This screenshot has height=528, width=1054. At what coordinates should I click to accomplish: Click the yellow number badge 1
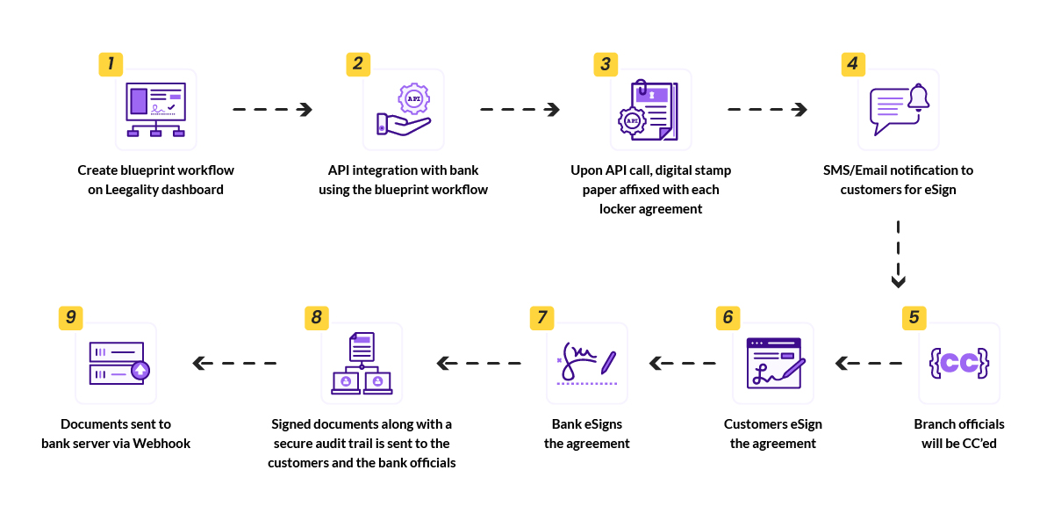pos(110,63)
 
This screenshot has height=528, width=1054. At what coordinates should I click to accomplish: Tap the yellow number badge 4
pos(852,63)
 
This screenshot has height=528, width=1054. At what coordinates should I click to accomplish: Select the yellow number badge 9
pos(69,317)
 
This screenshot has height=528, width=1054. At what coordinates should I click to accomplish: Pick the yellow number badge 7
pos(541,317)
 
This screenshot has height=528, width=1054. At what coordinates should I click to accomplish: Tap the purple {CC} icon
pos(959,362)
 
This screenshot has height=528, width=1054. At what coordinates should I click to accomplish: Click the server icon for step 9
pos(117,363)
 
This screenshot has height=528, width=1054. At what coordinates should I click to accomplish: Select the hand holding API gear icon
pos(403,111)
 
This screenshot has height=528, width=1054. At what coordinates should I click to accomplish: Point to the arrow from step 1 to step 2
pos(272,110)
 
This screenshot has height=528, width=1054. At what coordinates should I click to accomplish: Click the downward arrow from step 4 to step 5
pos(898,255)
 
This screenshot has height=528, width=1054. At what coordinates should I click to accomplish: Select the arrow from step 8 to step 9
pos(235,362)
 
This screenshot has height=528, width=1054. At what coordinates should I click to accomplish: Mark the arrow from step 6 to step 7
pos(682,362)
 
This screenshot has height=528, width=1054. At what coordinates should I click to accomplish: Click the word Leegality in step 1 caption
pos(140,190)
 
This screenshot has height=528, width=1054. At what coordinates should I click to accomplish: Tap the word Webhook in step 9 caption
pos(161,444)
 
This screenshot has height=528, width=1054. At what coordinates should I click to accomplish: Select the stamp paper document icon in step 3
pos(650,111)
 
